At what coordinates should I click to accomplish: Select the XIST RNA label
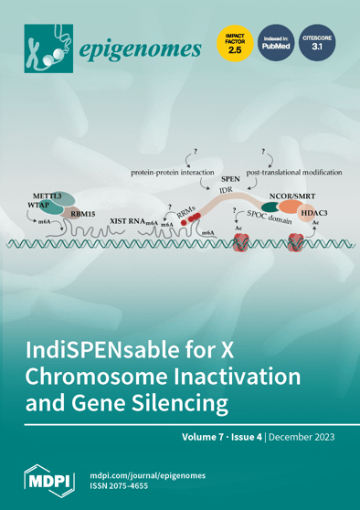[126, 221]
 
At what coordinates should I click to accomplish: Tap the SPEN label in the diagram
[232, 181]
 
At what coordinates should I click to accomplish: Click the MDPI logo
[45, 480]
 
